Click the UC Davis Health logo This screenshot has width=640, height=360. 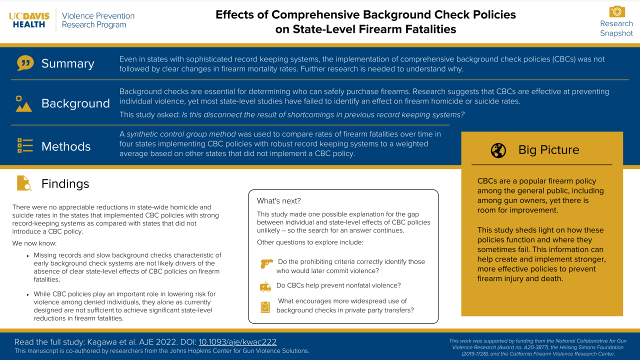(30, 20)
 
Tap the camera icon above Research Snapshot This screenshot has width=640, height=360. (617, 11)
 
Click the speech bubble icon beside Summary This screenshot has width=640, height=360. (25, 63)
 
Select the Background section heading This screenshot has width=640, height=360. (75, 103)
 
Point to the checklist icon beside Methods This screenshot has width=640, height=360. (25, 145)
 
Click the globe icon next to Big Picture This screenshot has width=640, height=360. (498, 150)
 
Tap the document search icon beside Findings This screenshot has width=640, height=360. (24, 183)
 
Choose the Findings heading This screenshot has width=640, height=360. (65, 183)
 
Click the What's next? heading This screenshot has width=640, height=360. (279, 201)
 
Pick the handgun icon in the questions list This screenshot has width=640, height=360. (266, 263)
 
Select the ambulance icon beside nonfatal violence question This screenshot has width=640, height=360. (265, 286)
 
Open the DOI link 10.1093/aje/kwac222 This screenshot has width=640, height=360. (237, 342)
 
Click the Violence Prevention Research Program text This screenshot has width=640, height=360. (98, 20)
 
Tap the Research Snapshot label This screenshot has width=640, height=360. (616, 28)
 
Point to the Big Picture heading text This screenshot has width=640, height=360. (548, 150)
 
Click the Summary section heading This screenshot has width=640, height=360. (67, 63)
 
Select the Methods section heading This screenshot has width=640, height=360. (66, 146)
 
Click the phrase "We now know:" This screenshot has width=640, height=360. (34, 243)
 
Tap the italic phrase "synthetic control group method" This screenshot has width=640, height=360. (181, 134)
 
